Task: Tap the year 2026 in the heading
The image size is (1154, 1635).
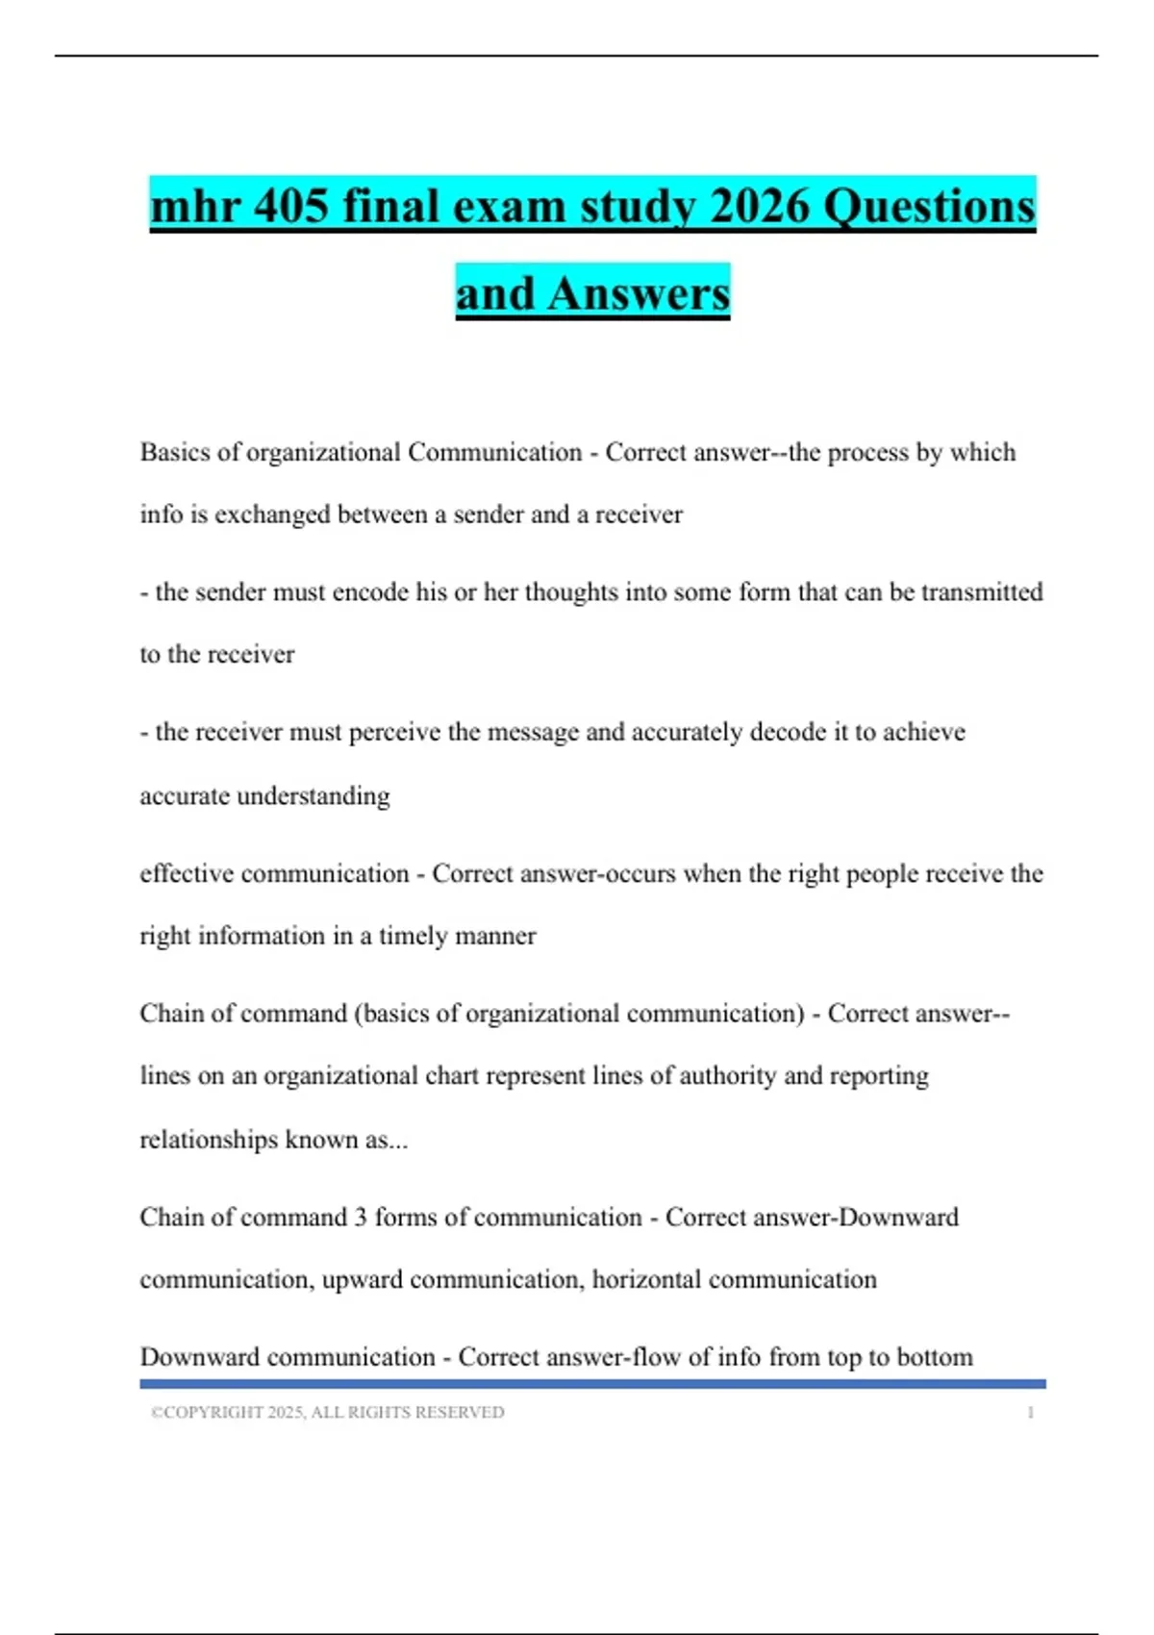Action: (x=760, y=206)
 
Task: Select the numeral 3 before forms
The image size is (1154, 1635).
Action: (x=361, y=1217)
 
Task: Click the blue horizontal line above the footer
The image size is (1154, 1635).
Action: (x=592, y=1384)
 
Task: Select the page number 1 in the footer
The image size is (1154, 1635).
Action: (x=1030, y=1412)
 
